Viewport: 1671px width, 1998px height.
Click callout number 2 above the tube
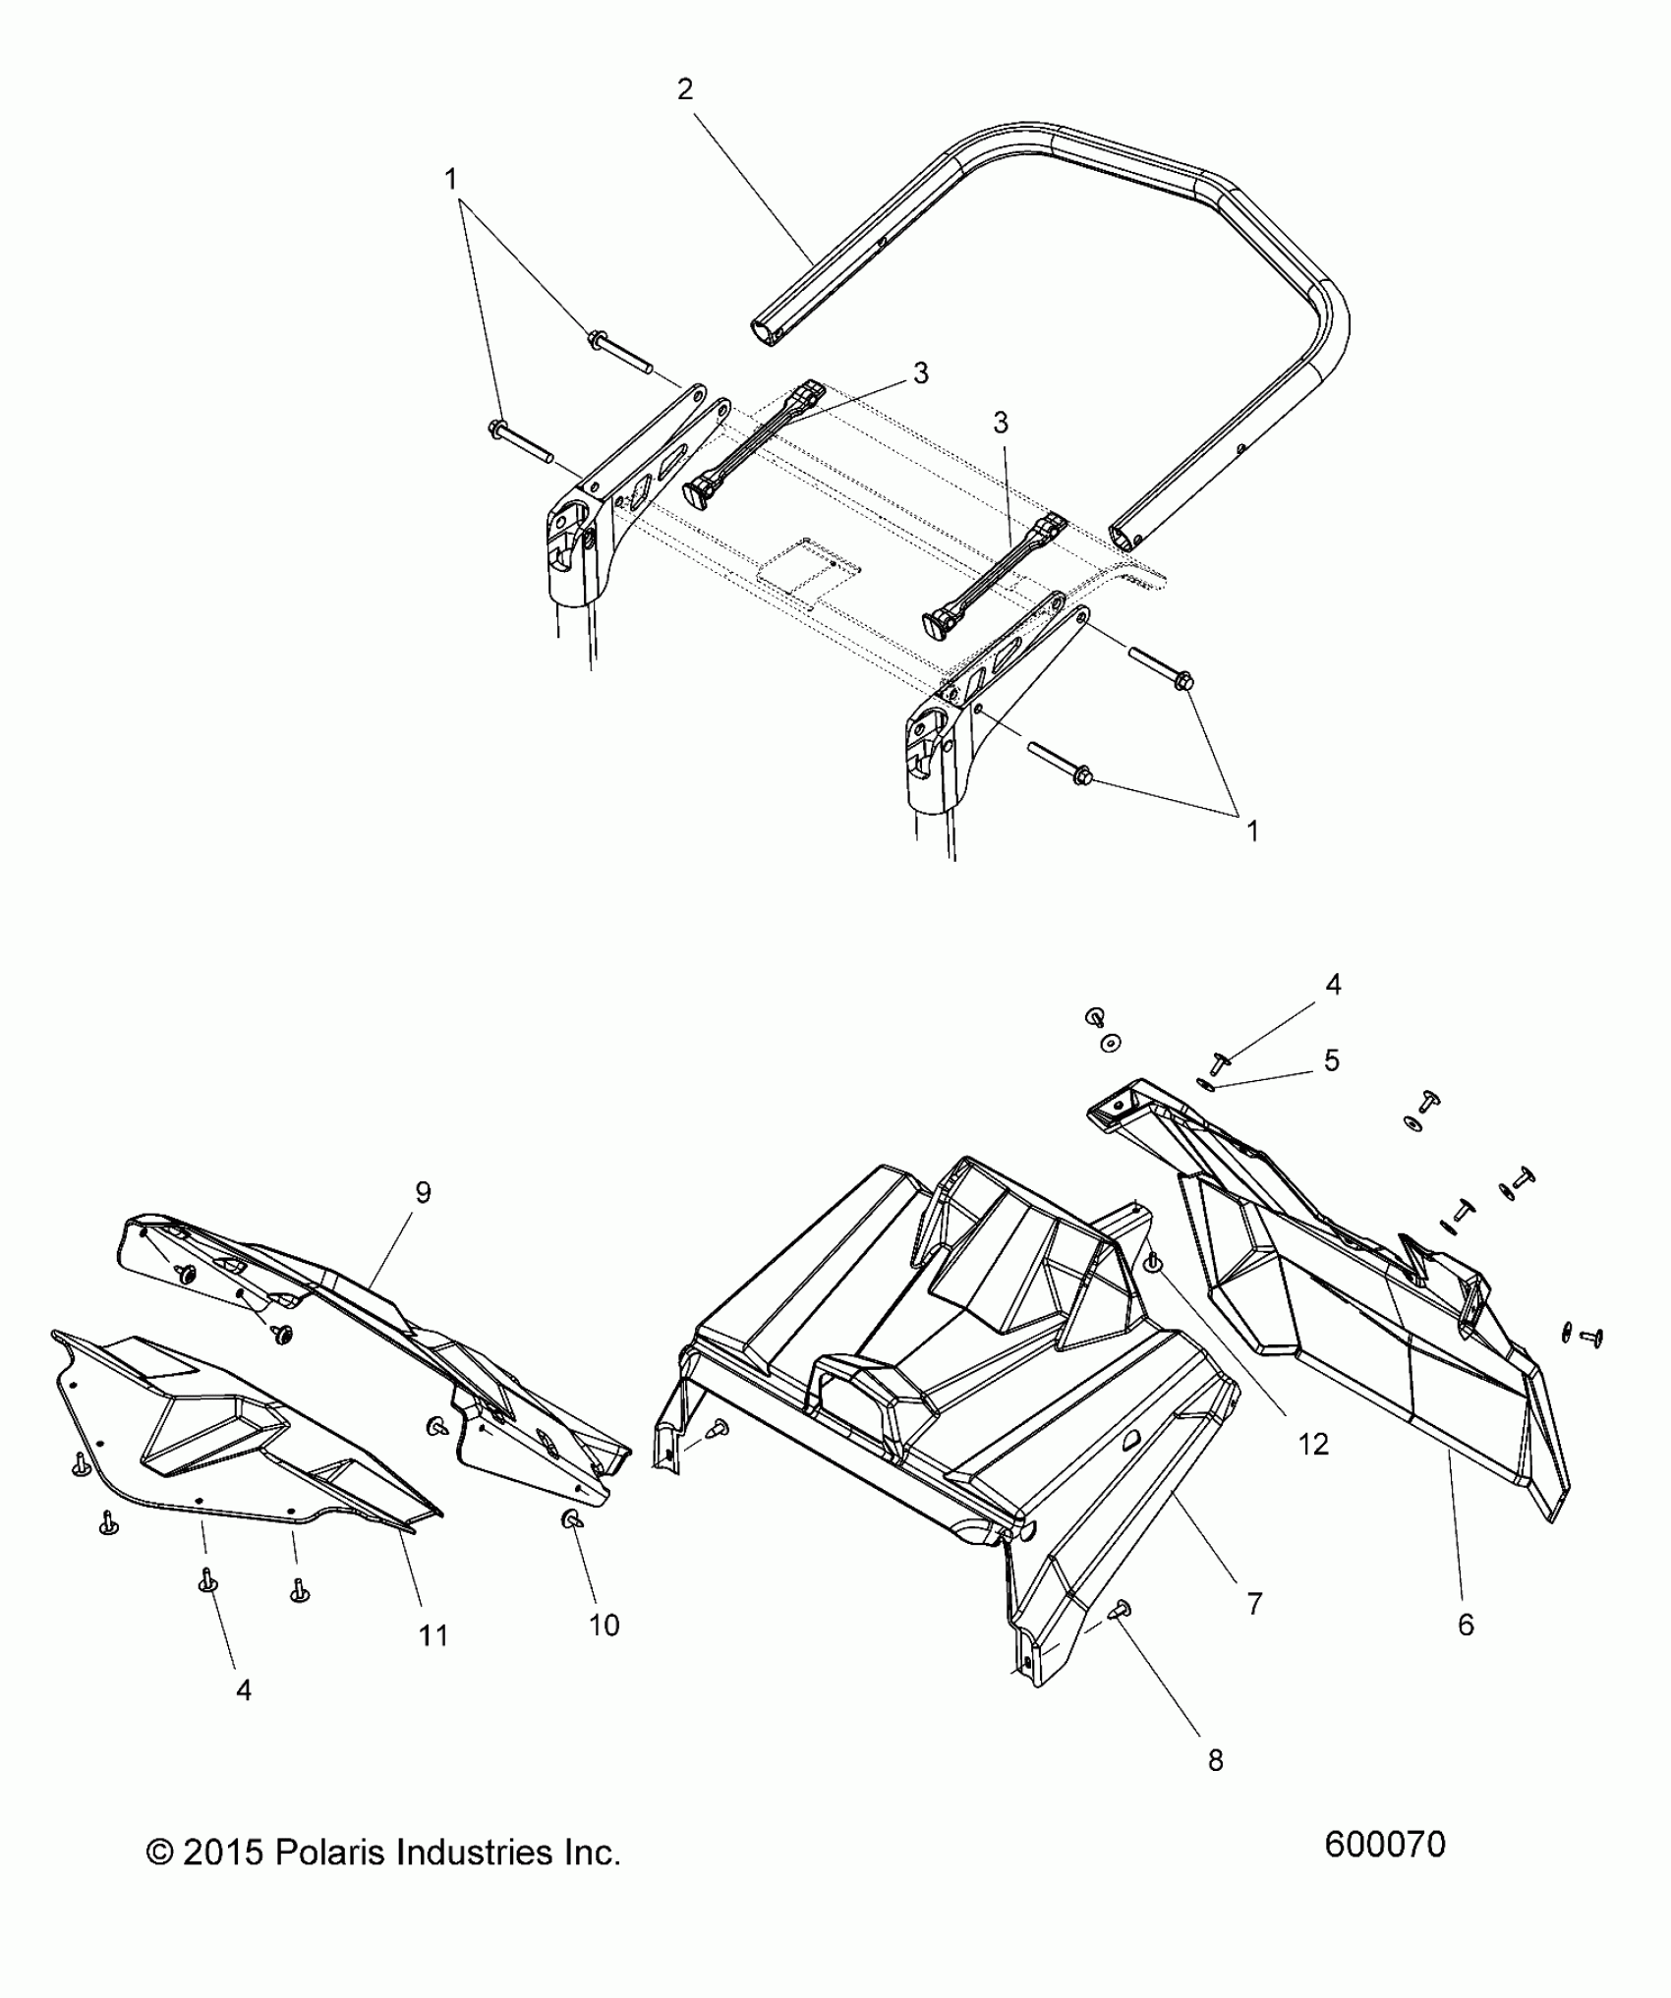click(685, 89)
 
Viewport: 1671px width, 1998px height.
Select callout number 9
click(423, 1192)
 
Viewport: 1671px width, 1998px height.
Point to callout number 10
click(605, 1625)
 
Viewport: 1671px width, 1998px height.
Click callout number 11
click(433, 1635)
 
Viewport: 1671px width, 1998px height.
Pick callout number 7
click(1253, 1604)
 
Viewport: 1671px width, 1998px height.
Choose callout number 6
click(1466, 1625)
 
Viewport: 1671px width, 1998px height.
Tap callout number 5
click(1332, 1060)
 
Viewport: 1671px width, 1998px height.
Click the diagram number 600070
click(1385, 1845)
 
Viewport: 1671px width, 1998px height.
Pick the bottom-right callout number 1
click(1252, 831)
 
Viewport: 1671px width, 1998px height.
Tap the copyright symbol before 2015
click(158, 1854)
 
